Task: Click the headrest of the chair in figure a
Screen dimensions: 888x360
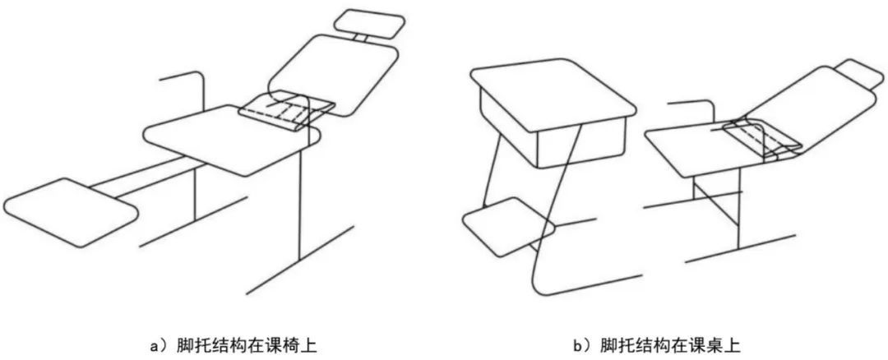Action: [x=369, y=23]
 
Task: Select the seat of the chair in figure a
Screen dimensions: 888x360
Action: [x=232, y=140]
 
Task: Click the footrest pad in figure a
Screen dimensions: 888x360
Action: [x=70, y=212]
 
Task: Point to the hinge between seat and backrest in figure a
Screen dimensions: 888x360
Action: [x=286, y=109]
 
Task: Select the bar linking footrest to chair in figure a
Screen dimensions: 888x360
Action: [x=145, y=175]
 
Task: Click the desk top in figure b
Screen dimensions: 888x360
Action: [x=553, y=94]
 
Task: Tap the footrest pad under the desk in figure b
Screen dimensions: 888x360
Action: [x=509, y=226]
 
